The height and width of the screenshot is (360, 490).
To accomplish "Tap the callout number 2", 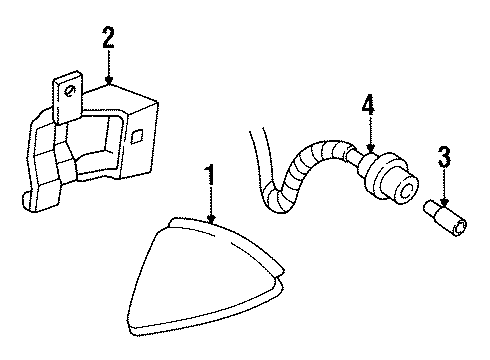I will (108, 40).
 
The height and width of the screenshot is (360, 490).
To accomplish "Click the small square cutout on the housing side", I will (139, 133).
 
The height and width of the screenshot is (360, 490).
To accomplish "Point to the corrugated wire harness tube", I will (300, 175).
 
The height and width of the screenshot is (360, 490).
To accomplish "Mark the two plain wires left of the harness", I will (254, 165).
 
